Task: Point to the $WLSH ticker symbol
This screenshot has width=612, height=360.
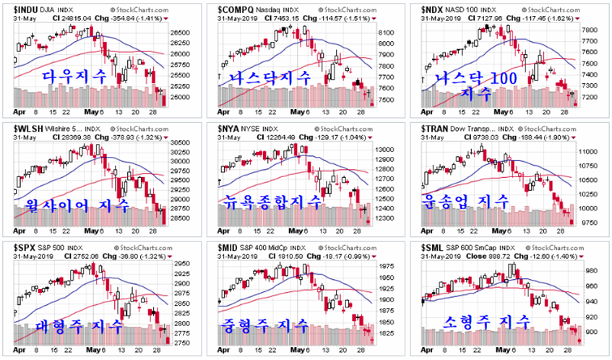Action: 27,128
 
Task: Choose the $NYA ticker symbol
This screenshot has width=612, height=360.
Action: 228,128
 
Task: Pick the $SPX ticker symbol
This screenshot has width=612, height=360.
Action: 25,248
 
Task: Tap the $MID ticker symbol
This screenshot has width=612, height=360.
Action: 228,248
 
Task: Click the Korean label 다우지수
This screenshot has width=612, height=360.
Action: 74,75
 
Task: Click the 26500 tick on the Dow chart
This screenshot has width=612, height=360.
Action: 181,33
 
